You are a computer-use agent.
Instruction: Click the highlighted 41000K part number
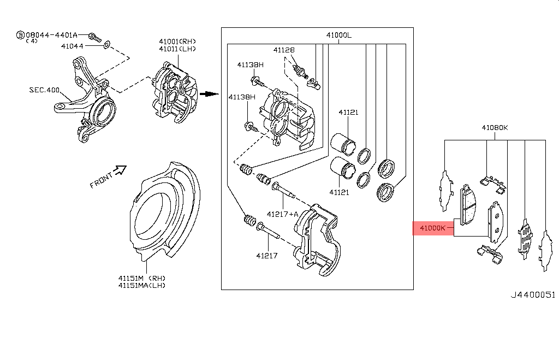tap(433, 228)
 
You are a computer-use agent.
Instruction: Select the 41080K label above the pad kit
tap(495, 128)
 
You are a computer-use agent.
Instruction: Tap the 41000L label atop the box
tap(339, 36)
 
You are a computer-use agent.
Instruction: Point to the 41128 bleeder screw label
tap(284, 50)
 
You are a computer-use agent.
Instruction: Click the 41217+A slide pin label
tap(283, 214)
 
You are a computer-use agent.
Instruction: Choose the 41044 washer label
tap(72, 46)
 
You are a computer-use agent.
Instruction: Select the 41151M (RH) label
tap(141, 278)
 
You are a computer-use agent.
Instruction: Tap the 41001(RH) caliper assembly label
tap(177, 42)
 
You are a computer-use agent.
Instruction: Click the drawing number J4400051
tap(532, 295)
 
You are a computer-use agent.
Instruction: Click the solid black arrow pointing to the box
tap(206, 93)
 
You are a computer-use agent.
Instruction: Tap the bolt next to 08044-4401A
tap(96, 37)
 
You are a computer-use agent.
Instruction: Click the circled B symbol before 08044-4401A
tap(20, 36)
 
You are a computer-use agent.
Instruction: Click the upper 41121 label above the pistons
tap(348, 113)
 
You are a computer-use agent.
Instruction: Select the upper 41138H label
tap(250, 65)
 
